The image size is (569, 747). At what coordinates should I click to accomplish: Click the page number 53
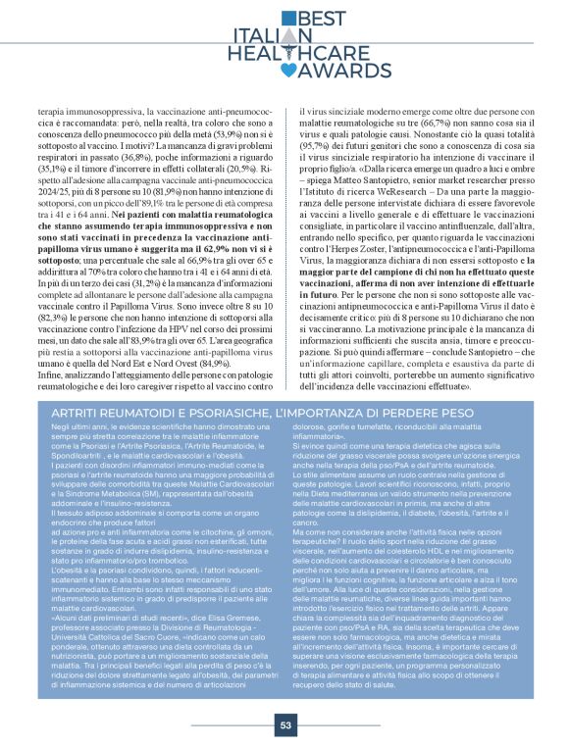coord(285,725)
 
